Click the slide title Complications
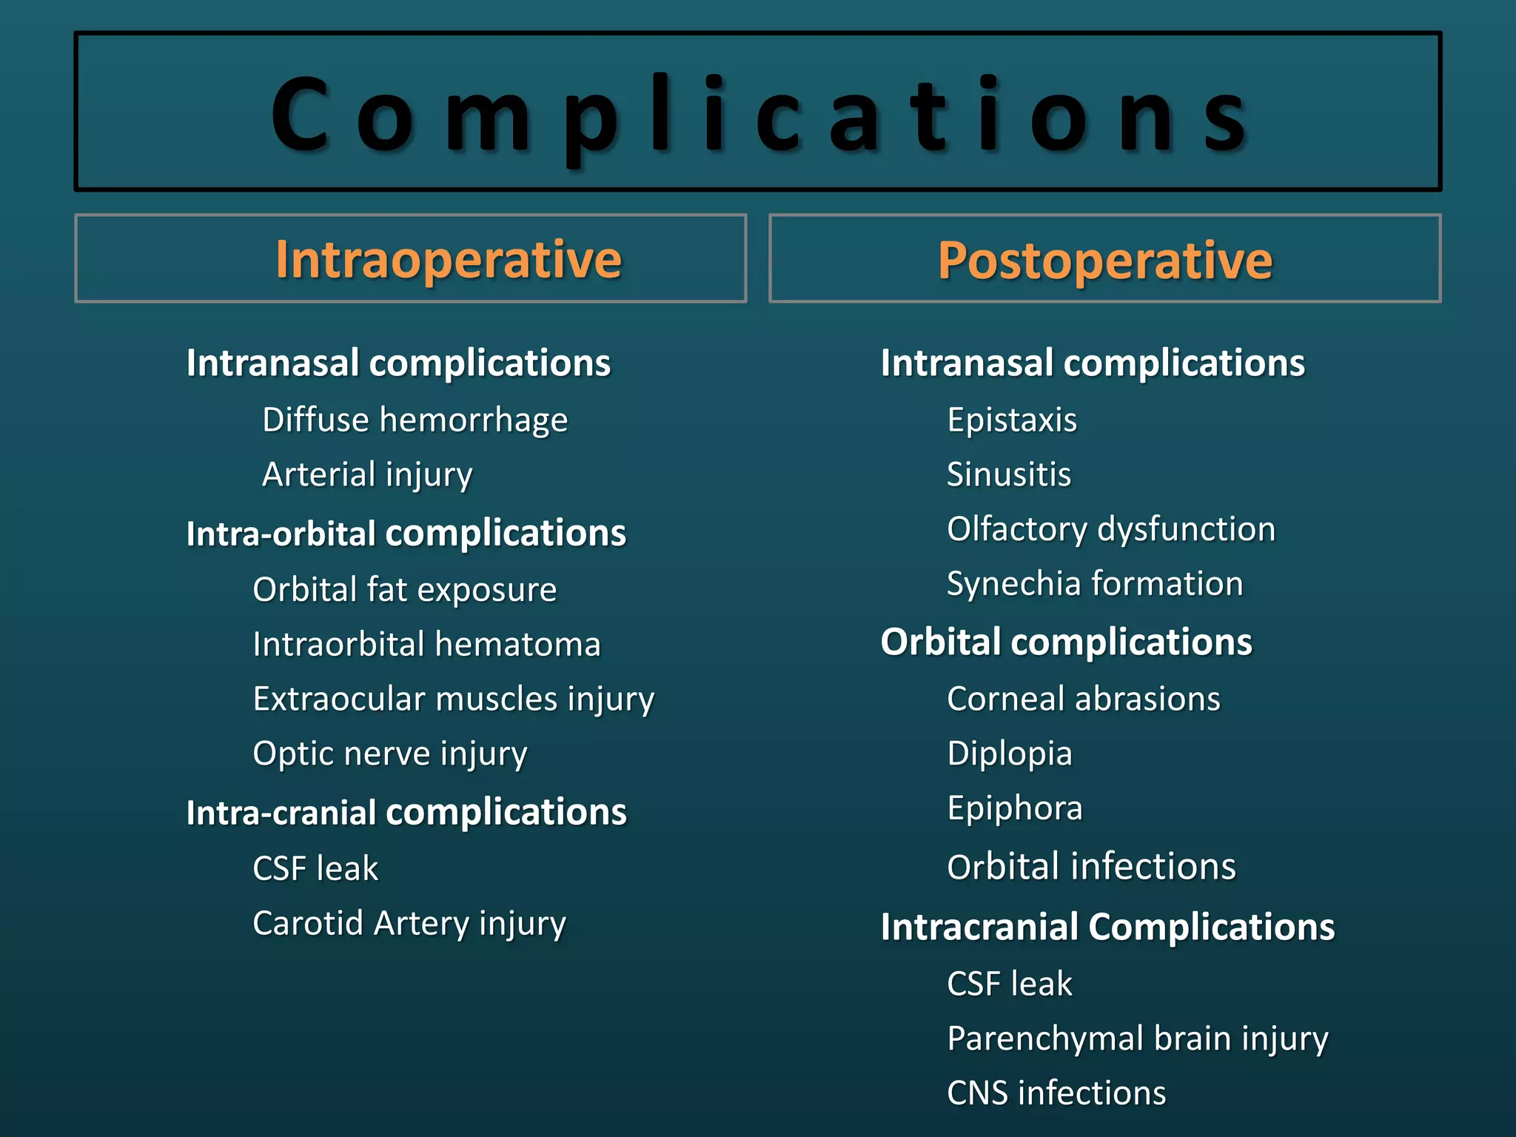point(758,115)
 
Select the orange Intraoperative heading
point(448,260)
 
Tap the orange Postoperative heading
point(1104,260)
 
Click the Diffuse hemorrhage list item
point(415,420)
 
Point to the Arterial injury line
point(367,474)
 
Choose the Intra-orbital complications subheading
point(406,533)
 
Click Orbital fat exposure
point(404,590)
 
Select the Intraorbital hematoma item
point(426,644)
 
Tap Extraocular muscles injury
point(453,699)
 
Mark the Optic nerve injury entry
point(389,754)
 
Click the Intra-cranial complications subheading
point(406,812)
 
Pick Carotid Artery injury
point(409,923)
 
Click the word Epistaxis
point(1012,420)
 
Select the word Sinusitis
point(1009,474)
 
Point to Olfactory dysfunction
point(1111,529)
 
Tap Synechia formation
point(1095,584)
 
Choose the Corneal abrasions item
point(1084,699)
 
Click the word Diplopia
point(1010,754)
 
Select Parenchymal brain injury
point(1138,1039)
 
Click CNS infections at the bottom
point(1056,1093)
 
